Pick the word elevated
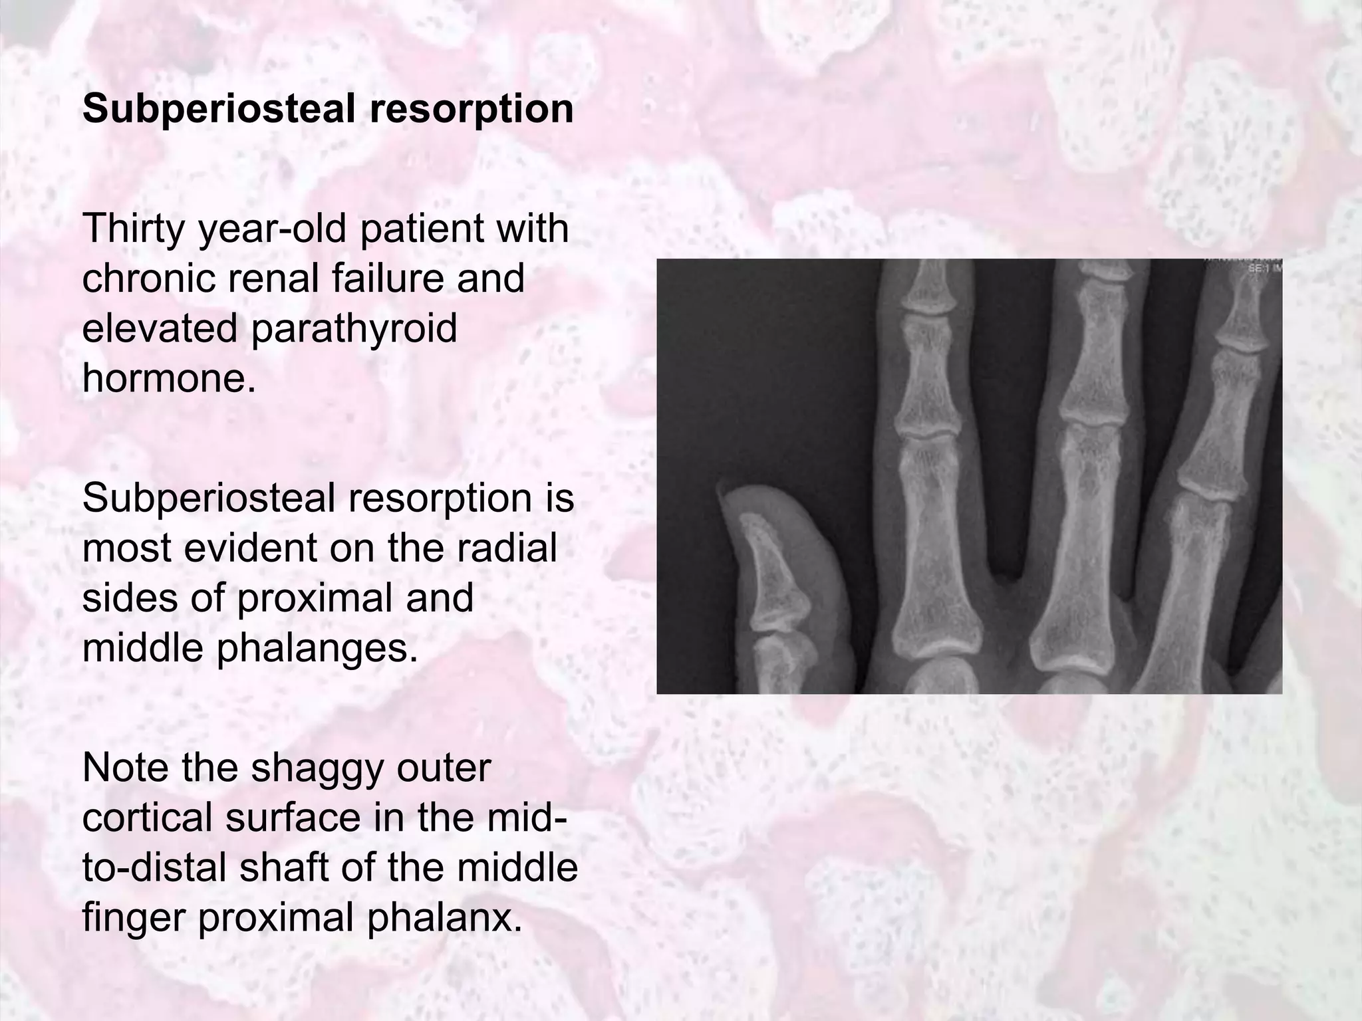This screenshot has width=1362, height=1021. click(x=160, y=328)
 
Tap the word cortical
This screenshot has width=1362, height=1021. click(x=148, y=818)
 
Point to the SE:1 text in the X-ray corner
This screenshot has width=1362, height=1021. click(x=1261, y=269)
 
